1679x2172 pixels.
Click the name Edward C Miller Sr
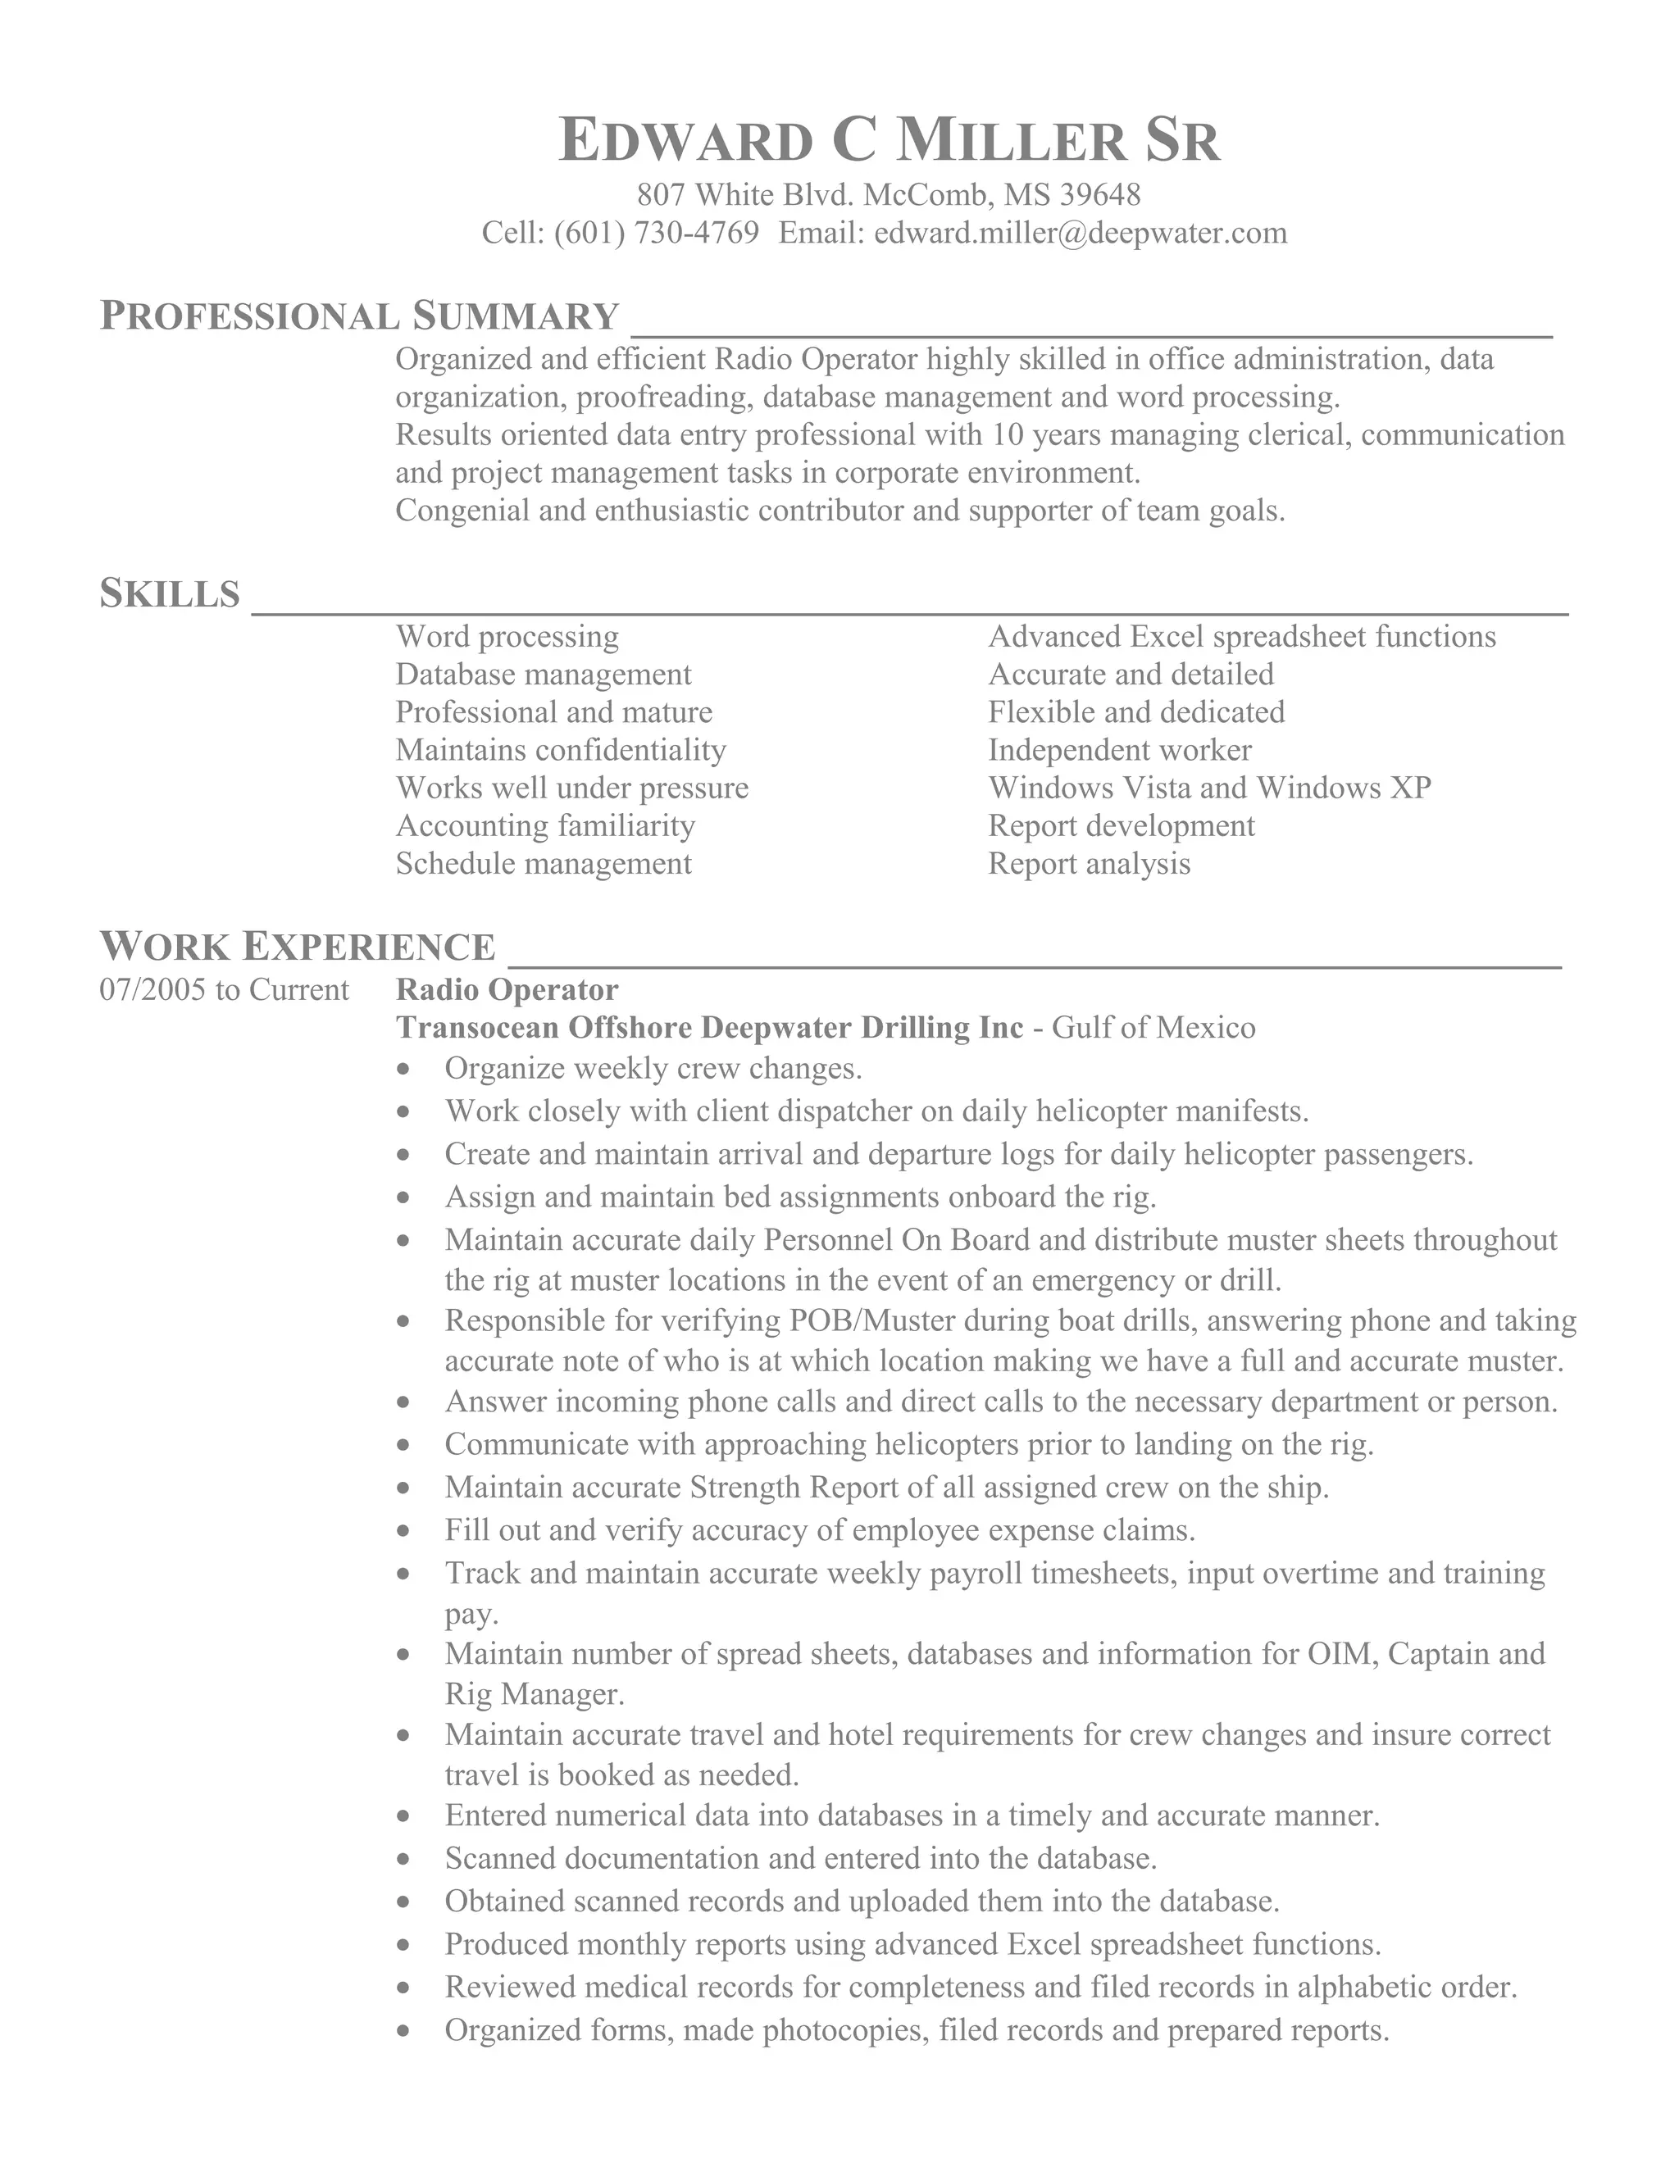[890, 140]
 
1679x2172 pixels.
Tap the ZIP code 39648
[1100, 194]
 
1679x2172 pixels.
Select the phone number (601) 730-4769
[656, 233]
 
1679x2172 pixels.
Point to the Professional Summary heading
[360, 316]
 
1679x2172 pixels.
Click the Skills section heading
[170, 593]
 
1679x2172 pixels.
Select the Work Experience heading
[298, 947]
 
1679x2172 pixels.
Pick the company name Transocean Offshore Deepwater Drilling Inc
[709, 1027]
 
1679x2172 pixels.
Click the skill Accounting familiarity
[545, 825]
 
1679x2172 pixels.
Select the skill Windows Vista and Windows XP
[1209, 788]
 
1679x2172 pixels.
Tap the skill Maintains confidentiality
[561, 750]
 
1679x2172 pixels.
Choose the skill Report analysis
[1090, 863]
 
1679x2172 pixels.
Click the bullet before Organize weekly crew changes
[403, 1070]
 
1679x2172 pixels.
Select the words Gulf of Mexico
[1153, 1027]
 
